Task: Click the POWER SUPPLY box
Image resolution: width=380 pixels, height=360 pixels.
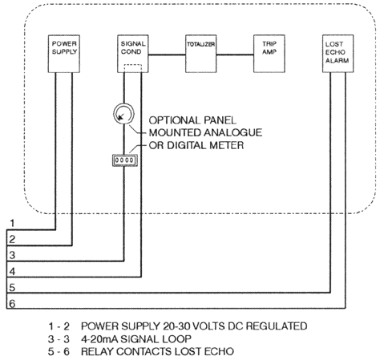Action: (64, 54)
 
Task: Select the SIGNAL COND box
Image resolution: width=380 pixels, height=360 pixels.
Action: (133, 54)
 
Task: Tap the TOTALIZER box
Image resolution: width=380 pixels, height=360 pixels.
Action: (201, 54)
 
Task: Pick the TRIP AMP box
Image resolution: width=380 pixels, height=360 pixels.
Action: (269, 54)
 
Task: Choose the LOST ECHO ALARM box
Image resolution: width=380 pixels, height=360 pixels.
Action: (338, 54)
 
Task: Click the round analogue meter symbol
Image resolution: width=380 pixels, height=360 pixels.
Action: (123, 114)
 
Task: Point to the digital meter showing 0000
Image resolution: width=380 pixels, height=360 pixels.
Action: (124, 160)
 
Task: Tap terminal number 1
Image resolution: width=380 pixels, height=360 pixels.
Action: (12, 223)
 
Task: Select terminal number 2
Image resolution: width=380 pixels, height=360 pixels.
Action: (12, 239)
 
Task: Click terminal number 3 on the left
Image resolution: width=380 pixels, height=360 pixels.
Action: (12, 255)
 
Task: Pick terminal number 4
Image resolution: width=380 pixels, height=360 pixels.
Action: (12, 272)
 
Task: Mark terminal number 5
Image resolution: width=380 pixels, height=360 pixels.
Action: (12, 288)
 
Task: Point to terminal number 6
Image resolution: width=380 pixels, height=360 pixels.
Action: (12, 304)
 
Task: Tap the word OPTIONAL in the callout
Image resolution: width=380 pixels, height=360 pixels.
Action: (174, 120)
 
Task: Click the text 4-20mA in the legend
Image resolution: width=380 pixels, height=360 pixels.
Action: (99, 339)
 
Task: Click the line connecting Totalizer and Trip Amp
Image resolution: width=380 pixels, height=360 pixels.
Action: (235, 55)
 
